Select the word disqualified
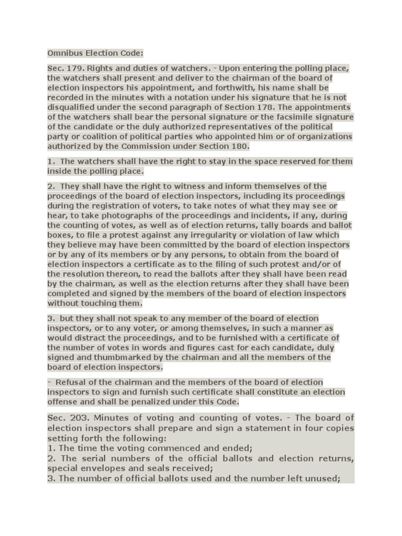(x=72, y=107)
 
